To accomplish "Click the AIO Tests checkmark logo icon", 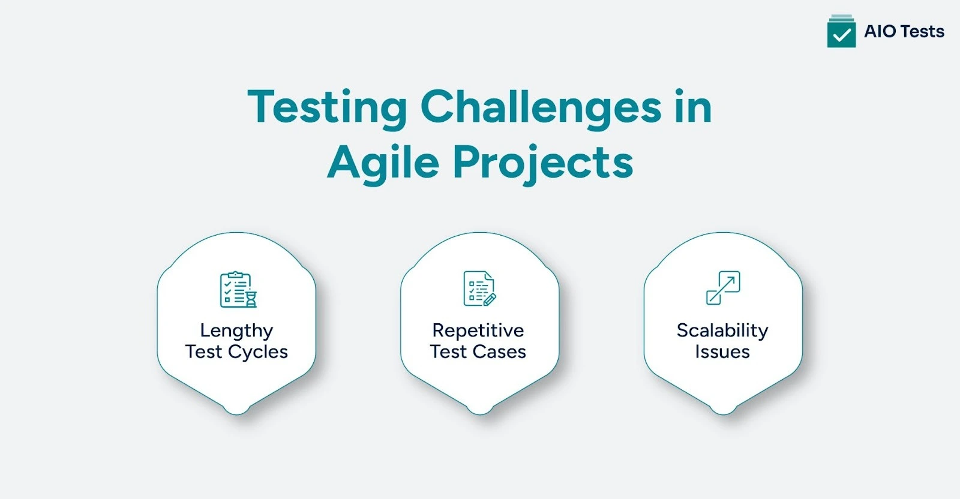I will [841, 32].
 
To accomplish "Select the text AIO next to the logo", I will [880, 31].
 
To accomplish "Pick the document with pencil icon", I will [479, 288].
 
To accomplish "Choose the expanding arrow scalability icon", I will [723, 288].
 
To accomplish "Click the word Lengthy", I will [236, 330].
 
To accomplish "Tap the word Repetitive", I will [478, 330].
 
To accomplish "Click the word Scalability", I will [722, 330].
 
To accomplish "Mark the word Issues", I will [722, 352].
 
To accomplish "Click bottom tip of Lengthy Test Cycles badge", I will [236, 410].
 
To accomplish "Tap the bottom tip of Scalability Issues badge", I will [723, 410].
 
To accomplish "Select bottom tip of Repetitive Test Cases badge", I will [479, 410].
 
